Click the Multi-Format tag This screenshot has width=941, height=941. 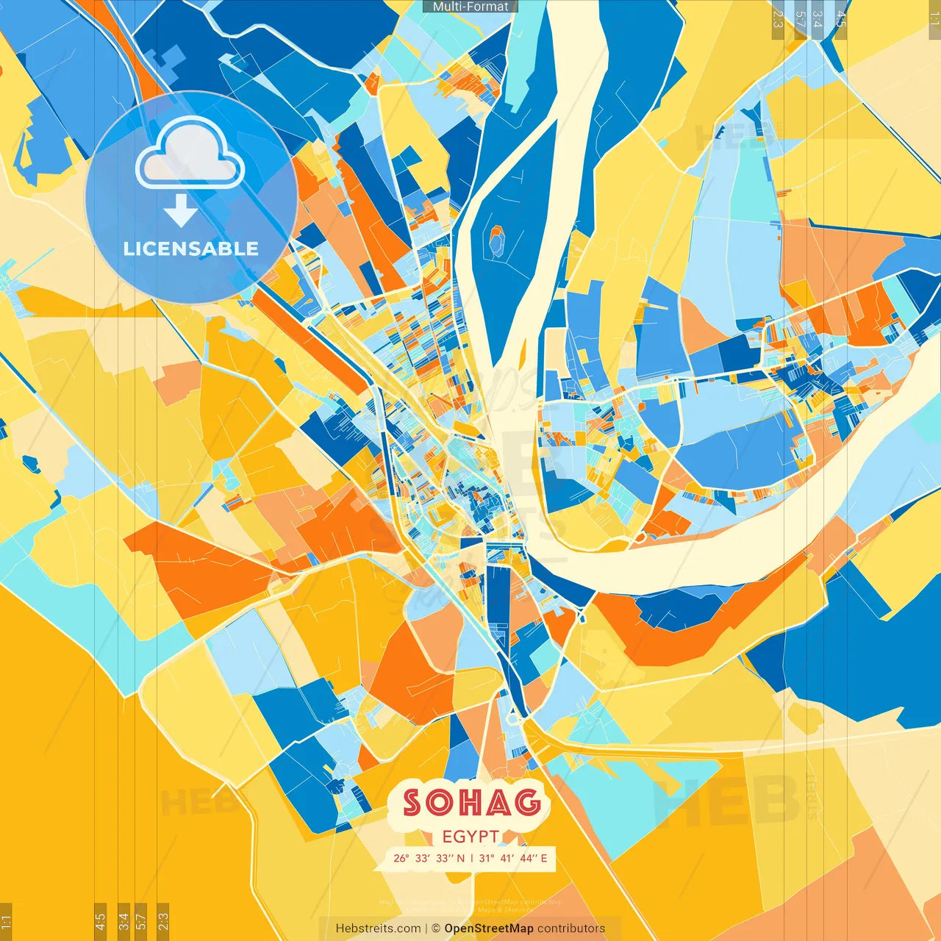(470, 7)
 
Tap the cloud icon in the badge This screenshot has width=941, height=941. (190, 153)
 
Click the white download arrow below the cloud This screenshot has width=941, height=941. (181, 210)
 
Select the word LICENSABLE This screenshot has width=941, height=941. (191, 248)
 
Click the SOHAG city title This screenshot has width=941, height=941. (471, 803)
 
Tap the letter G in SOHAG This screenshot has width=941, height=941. (527, 803)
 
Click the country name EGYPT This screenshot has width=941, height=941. (471, 837)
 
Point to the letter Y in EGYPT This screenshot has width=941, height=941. (471, 837)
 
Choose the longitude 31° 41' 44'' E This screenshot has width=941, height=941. (513, 858)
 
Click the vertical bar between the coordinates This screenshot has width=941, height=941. (471, 858)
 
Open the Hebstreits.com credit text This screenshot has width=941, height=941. (378, 929)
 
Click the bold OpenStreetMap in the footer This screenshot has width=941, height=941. (489, 929)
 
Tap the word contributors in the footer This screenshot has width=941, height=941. (571, 929)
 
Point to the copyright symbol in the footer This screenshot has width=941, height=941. (435, 929)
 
